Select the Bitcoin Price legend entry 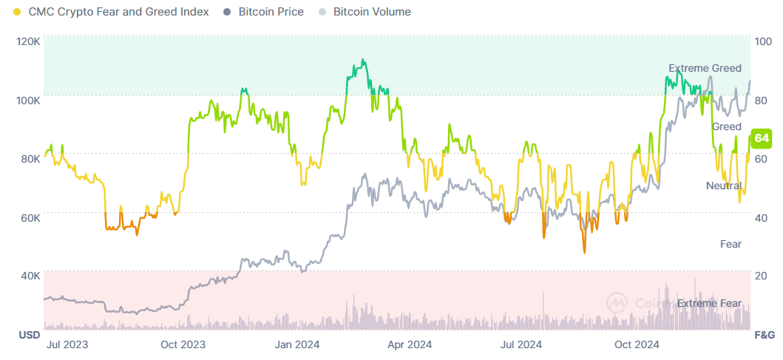pos(271,12)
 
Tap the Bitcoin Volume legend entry pos(372,12)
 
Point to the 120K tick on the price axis pos(28,41)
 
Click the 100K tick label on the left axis pos(28,100)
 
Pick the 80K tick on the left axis pos(30,158)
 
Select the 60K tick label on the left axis pos(30,217)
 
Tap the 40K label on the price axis pos(30,276)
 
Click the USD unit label pos(29,335)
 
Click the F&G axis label pos(763,335)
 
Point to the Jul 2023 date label pos(67,344)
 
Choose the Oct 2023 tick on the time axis pos(183,344)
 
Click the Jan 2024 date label pos(296,344)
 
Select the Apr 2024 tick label pos(410,344)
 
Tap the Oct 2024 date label pos(637,344)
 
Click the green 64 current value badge pos(762,138)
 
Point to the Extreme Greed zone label pos(705,68)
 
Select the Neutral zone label pos(723,185)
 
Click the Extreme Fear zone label pos(709,303)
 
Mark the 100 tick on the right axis pos(762,42)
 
